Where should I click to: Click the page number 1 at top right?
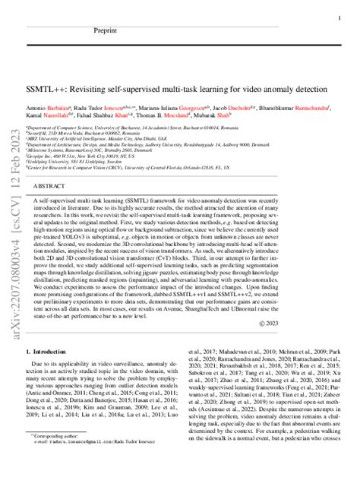[x=337, y=16]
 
